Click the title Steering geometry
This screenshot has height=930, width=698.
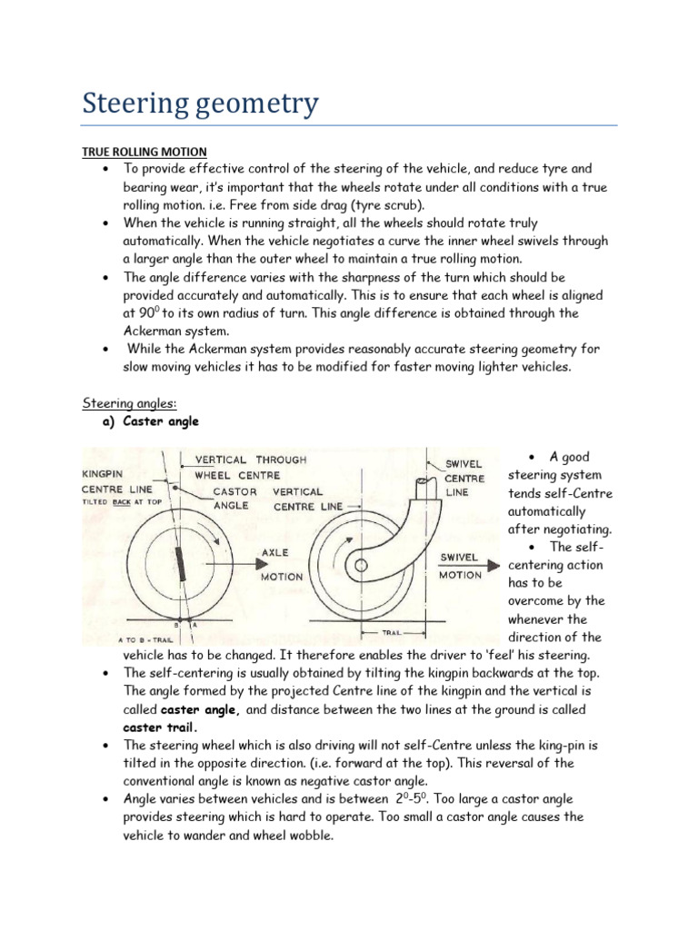(201, 104)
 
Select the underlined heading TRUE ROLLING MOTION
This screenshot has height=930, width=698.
(145, 151)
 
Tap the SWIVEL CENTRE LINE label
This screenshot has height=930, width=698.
(464, 478)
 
